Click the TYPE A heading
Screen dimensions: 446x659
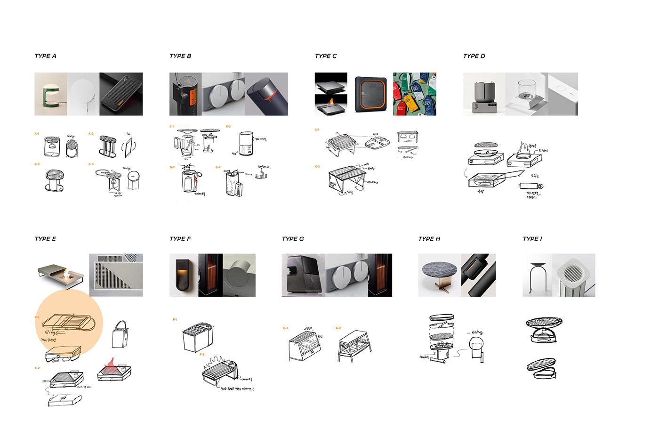pyautogui.click(x=45, y=56)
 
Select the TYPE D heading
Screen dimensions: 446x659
pyautogui.click(x=474, y=56)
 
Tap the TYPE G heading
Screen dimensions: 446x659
pyautogui.click(x=292, y=239)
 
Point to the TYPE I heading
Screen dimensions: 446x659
pyautogui.click(x=532, y=239)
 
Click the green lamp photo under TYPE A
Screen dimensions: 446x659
pyautogui.click(x=50, y=94)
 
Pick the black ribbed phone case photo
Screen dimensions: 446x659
pyautogui.click(x=121, y=94)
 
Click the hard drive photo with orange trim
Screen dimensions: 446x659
pyautogui.click(x=370, y=94)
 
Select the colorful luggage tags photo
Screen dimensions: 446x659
pyautogui.click(x=414, y=94)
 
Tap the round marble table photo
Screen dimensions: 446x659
pyautogui.click(x=439, y=276)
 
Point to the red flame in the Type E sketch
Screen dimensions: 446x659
pyautogui.click(x=110, y=364)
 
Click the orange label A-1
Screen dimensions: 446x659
pyautogui.click(x=37, y=134)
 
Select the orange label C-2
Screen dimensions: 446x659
pyautogui.click(x=317, y=167)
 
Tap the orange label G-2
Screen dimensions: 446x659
pyautogui.click(x=338, y=328)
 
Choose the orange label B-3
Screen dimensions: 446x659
pyautogui.click(x=172, y=167)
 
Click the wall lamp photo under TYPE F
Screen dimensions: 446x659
pyautogui.click(x=184, y=276)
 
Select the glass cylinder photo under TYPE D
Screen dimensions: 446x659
pyautogui.click(x=526, y=94)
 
